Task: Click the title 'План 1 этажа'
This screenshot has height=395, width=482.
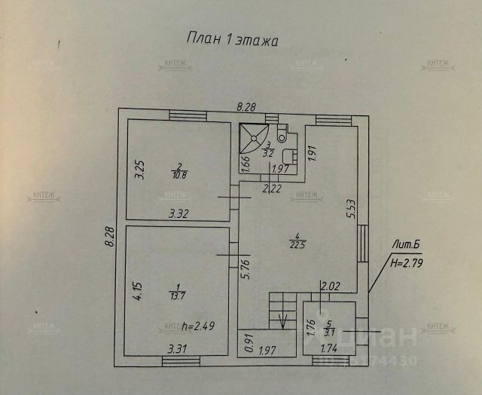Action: pyautogui.click(x=232, y=39)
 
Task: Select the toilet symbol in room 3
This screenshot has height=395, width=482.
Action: pyautogui.click(x=282, y=136)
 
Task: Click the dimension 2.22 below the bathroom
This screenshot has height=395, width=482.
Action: pyautogui.click(x=271, y=188)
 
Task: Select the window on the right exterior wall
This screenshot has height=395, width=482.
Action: pyautogui.click(x=363, y=243)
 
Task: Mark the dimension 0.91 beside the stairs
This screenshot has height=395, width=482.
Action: pyautogui.click(x=248, y=343)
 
